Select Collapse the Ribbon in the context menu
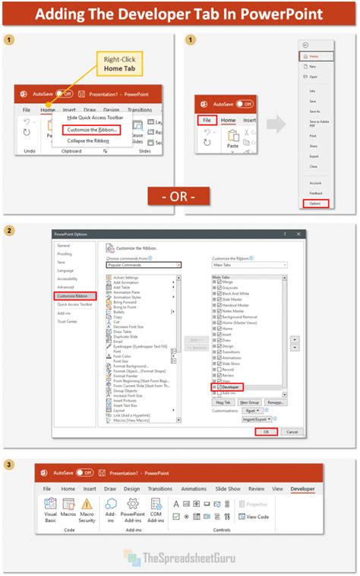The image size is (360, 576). pos(89,140)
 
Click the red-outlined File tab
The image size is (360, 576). pos(206,120)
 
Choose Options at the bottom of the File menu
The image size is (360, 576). pos(320,204)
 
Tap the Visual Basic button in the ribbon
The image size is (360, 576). pos(50,510)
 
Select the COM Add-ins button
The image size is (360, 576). pos(156,510)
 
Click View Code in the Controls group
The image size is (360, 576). pos(257,517)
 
